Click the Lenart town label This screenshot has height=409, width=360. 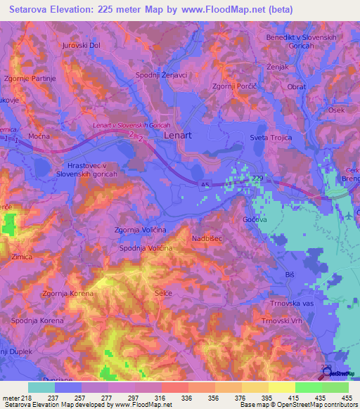coord(179,133)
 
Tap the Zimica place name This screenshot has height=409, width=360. coord(22,257)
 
